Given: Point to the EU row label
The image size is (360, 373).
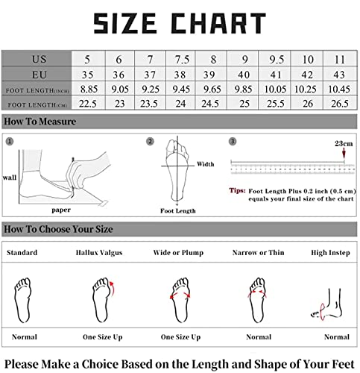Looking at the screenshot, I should [x=39, y=74].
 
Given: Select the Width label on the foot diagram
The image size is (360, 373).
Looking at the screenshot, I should [x=205, y=164].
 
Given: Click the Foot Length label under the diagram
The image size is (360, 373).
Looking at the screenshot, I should [x=178, y=210].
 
